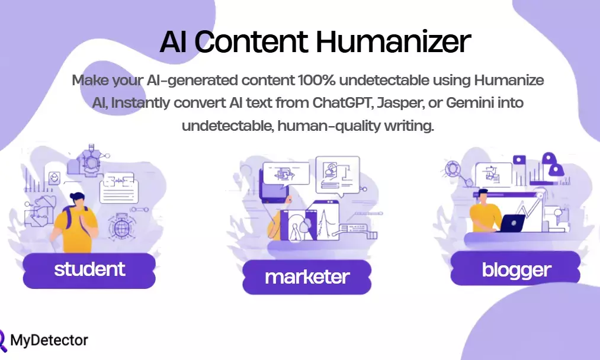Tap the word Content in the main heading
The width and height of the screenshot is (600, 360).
[251, 41]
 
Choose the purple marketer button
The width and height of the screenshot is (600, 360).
[307, 277]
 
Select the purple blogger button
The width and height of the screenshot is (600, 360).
[516, 270]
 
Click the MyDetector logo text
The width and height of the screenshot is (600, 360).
[49, 340]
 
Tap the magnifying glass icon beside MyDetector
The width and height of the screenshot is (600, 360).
[4, 340]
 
